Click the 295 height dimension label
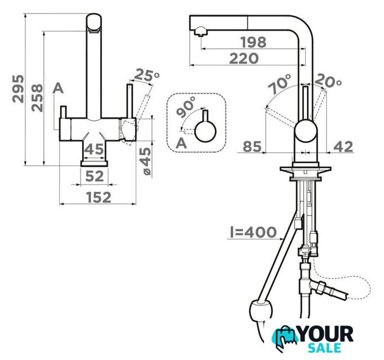(18, 89)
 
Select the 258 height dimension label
(37, 98)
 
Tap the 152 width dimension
(99, 197)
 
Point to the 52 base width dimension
(95, 176)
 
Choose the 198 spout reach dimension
(253, 42)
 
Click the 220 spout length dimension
(244, 58)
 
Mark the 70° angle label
(279, 84)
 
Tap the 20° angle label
(328, 80)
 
